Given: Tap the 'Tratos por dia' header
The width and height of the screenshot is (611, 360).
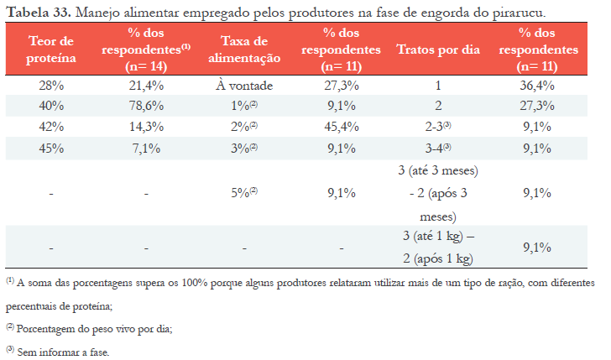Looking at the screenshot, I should tap(437, 50).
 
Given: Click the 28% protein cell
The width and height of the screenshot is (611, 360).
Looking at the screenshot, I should tap(52, 86).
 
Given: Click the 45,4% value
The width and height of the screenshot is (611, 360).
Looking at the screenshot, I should tap(341, 127).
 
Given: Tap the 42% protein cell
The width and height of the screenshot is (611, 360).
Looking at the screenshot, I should tap(52, 127).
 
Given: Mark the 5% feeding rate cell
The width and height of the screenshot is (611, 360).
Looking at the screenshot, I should tap(243, 193).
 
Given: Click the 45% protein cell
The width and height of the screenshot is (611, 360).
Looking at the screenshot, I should tap(52, 148).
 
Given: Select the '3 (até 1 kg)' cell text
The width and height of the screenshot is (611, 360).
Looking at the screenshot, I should tap(437, 237).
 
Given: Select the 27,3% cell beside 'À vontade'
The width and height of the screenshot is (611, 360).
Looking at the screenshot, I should tap(341, 86).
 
